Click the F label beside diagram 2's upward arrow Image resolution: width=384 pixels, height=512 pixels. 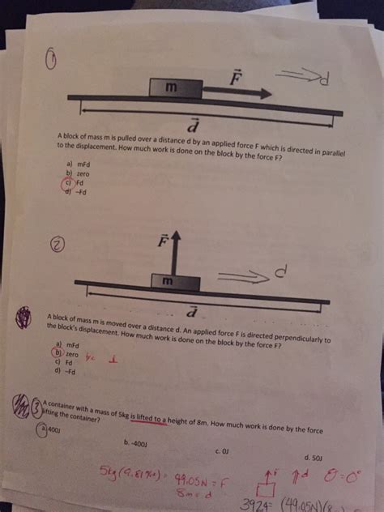(160, 241)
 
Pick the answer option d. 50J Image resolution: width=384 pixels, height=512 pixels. (311, 458)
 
